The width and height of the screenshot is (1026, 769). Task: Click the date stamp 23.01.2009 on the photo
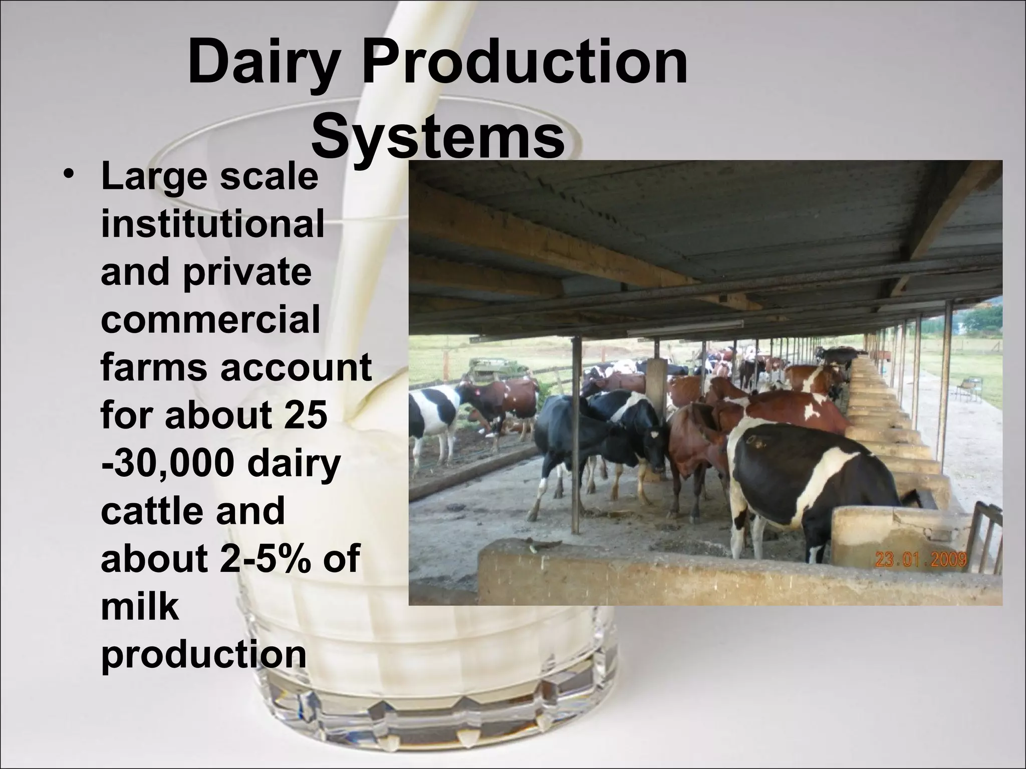pyautogui.click(x=920, y=559)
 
